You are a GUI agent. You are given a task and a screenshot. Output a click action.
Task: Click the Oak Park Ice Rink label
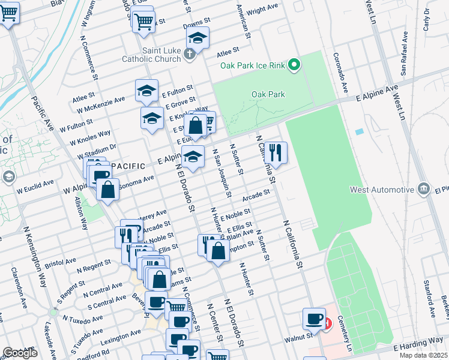coord(252,65)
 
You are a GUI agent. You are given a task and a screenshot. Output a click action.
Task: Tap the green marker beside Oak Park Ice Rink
coord(294,65)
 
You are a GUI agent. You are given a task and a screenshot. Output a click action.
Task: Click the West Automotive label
coord(382,190)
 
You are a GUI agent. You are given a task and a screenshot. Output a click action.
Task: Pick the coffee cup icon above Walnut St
coord(313,319)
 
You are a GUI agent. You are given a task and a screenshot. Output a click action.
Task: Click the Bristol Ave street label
coord(61,262)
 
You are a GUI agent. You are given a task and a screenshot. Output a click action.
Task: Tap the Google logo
coord(20,353)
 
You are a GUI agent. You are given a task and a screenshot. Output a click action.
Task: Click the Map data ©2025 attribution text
coord(423,355)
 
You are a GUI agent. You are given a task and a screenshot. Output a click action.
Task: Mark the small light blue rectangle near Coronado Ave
coord(359,131)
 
